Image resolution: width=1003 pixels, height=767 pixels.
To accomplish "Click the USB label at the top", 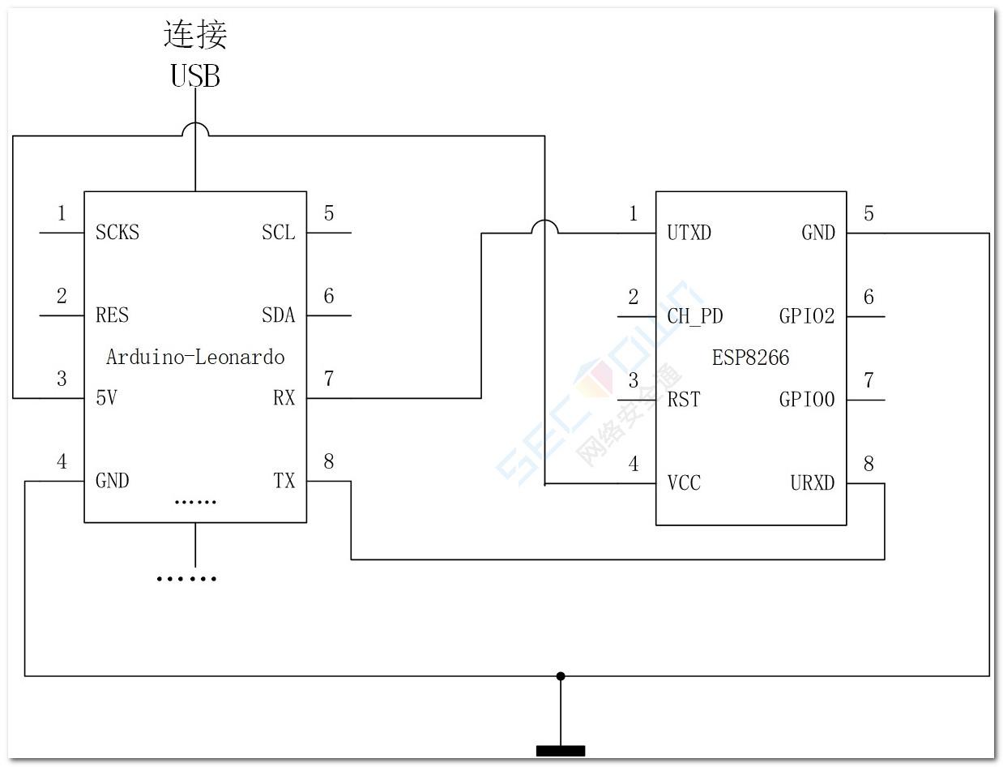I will [195, 75].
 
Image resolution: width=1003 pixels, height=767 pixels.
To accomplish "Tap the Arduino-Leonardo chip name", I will [195, 357].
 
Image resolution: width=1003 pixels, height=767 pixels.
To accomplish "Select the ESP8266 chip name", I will [750, 358].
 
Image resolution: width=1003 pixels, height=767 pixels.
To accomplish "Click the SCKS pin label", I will [117, 233].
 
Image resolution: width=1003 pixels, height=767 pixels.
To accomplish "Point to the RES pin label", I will [112, 315].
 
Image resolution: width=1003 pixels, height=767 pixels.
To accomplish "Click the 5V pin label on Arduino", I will [106, 398].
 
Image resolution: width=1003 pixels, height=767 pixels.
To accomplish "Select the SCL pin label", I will [278, 233].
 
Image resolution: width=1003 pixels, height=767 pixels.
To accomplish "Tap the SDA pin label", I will [278, 315].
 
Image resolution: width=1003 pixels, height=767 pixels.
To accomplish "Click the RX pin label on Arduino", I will [284, 398].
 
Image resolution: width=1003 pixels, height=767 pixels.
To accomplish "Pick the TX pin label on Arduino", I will [284, 481].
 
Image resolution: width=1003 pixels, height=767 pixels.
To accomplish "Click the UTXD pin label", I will [689, 234].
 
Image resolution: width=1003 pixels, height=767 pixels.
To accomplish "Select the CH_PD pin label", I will [694, 316].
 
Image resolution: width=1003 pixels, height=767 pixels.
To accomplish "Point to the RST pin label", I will [683, 400].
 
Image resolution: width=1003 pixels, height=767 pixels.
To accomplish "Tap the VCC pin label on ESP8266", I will [683, 483].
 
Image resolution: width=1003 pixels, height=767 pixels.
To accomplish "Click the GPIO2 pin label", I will [806, 316].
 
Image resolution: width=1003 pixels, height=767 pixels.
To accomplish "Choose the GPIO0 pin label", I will [806, 400].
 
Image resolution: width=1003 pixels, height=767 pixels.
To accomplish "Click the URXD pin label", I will [812, 483].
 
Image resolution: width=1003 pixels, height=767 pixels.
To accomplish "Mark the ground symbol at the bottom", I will [560, 750].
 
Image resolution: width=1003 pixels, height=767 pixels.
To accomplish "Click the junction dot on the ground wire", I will [560, 675].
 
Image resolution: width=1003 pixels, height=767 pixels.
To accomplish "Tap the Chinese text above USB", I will [195, 35].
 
